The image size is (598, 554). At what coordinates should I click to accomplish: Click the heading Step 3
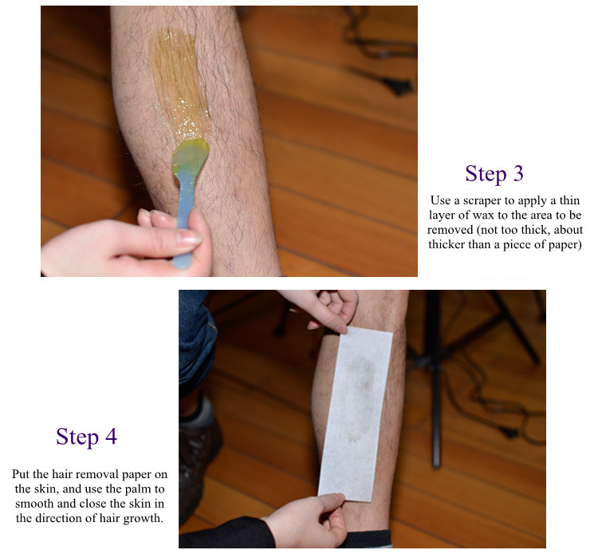click(x=494, y=174)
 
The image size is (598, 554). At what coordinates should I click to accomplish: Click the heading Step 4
click(x=87, y=437)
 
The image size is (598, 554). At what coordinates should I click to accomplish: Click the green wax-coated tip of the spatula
click(x=190, y=156)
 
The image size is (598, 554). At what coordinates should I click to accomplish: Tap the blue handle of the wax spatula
click(x=185, y=221)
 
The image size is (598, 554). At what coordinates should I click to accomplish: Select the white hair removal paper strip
click(x=356, y=414)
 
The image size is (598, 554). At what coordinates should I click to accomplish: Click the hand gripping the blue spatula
click(x=126, y=244)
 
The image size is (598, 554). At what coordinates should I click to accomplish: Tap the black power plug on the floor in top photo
click(x=396, y=86)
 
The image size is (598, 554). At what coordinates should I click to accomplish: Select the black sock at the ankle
click(x=369, y=539)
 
